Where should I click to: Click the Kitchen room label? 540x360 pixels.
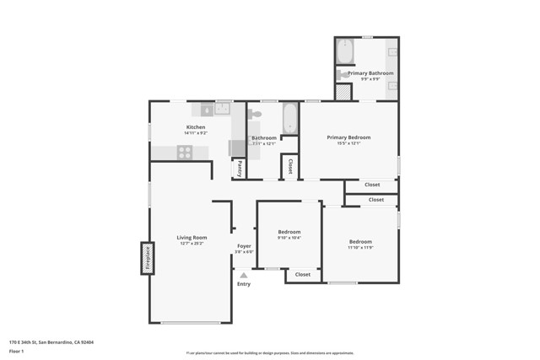coord(196,126)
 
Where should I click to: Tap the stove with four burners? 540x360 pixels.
coord(185,152)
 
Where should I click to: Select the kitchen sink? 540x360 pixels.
coord(224,110)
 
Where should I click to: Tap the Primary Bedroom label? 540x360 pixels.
coord(348,137)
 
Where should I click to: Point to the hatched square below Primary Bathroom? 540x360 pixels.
coord(343,93)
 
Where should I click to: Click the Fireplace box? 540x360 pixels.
coord(145,257)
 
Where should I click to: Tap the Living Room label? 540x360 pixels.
coord(192,239)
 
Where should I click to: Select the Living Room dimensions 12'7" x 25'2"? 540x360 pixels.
coord(192,244)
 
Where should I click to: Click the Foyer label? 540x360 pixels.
coord(244,246)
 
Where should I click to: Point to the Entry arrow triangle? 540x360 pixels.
coord(244,275)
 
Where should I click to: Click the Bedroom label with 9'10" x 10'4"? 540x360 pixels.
coord(289,232)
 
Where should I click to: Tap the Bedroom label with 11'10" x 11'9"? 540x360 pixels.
coord(360,241)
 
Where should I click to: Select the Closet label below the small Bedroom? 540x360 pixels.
coord(302,274)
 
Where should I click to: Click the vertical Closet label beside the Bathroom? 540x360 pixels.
coord(289,166)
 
